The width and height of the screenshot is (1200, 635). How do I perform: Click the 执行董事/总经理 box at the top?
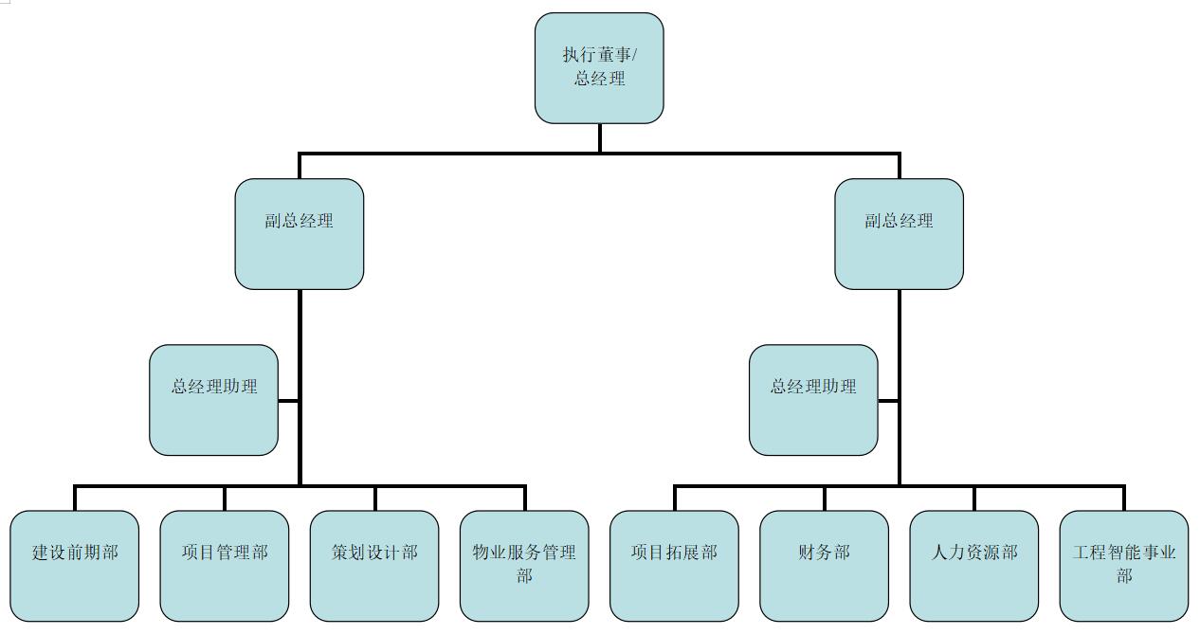pos(599,68)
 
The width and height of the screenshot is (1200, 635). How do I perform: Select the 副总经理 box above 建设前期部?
pos(299,234)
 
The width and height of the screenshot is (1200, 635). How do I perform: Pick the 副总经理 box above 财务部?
pos(899,234)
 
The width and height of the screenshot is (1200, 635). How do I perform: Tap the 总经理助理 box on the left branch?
pos(214,400)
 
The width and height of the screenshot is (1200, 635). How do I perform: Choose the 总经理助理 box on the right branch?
pos(813,400)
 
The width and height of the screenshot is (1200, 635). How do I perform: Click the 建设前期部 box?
pos(75,566)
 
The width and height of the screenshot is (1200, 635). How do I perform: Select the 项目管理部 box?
pos(225,566)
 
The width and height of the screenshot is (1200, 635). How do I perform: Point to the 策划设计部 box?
pos(374,566)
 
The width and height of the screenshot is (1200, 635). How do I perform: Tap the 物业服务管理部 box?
pos(524,566)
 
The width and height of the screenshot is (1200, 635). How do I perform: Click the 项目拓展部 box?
pos(674,566)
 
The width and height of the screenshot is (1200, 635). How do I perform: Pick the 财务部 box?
pos(824,566)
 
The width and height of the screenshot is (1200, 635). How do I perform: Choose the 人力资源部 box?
pos(973,566)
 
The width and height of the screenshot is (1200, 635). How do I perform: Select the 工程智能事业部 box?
pos(1124,566)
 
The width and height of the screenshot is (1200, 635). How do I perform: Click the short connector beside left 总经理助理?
pos(288,400)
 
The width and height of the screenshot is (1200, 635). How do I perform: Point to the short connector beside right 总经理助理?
pos(888,400)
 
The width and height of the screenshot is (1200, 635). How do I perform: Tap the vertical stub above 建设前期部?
pos(75,498)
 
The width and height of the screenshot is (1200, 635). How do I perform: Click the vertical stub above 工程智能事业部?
pos(1124,498)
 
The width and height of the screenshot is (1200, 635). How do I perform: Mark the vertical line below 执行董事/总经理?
pos(599,138)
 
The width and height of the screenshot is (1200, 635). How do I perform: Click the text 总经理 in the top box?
pos(599,79)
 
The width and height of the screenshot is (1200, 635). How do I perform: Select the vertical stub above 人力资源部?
pos(973,498)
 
